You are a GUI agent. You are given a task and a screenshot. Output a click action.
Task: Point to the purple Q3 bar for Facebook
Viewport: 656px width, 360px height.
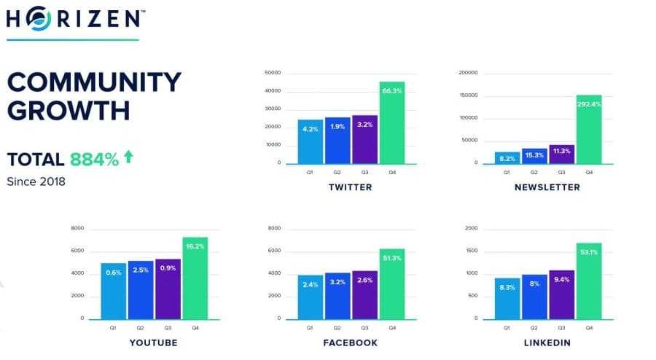click(364, 294)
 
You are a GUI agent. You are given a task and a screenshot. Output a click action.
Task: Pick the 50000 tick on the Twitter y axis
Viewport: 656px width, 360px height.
click(273, 73)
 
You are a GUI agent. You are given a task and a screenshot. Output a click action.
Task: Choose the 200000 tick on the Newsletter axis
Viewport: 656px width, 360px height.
click(467, 73)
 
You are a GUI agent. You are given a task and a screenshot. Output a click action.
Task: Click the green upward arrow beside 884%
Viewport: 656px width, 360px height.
click(128, 156)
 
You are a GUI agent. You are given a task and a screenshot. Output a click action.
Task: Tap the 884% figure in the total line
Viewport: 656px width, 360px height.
click(94, 160)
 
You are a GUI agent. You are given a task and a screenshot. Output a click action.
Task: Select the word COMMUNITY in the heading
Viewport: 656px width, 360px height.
click(94, 82)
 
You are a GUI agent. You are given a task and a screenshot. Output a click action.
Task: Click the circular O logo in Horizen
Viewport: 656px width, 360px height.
click(41, 19)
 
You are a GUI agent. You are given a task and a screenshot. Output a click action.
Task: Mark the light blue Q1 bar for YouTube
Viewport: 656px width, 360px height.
click(113, 291)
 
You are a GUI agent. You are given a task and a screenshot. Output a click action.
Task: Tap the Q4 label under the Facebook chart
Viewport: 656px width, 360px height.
click(392, 329)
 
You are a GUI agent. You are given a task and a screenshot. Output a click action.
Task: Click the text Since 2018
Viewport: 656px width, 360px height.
click(36, 181)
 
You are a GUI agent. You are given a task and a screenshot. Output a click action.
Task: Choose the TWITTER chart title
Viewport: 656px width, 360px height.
click(350, 187)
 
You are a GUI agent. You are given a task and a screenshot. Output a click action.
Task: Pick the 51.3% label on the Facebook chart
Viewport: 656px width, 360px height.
click(391, 258)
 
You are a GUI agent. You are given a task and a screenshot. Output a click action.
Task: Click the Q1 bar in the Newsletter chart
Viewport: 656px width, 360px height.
click(507, 157)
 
